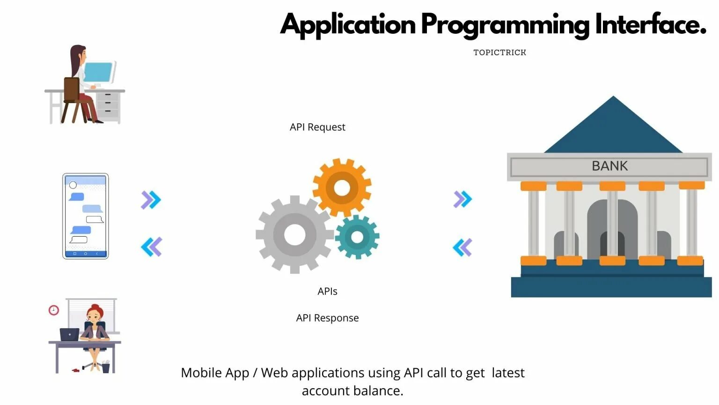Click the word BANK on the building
click(609, 166)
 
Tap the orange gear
click(342, 188)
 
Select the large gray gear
click(294, 234)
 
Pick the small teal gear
click(357, 237)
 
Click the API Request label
click(317, 127)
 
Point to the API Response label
click(327, 318)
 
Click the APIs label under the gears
click(327, 291)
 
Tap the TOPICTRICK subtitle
click(499, 52)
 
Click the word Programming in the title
click(505, 24)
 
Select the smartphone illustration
click(86, 216)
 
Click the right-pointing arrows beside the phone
click(151, 200)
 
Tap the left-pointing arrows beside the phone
click(151, 247)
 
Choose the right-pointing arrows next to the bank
click(462, 199)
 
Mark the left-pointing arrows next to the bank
click(462, 247)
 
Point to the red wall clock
click(54, 310)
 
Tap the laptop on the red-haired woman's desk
click(69, 335)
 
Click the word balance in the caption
click(376, 390)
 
